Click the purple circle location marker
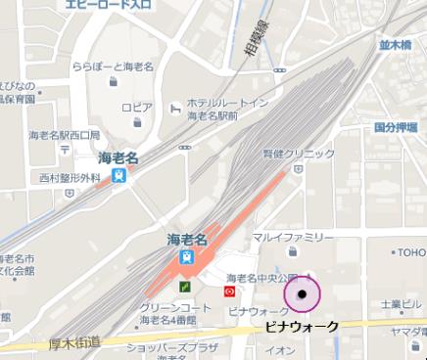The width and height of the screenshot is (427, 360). [x=303, y=293]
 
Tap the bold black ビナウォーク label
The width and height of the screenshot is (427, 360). [x=303, y=326]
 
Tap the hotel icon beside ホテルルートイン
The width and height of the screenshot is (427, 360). [x=174, y=105]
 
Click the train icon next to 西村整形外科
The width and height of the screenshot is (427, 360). [x=119, y=177]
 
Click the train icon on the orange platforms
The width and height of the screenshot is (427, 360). [x=185, y=257]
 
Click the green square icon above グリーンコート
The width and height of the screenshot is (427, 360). [x=184, y=288]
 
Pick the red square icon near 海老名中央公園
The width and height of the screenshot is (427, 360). [x=229, y=291]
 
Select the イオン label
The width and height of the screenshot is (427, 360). [x=280, y=349]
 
